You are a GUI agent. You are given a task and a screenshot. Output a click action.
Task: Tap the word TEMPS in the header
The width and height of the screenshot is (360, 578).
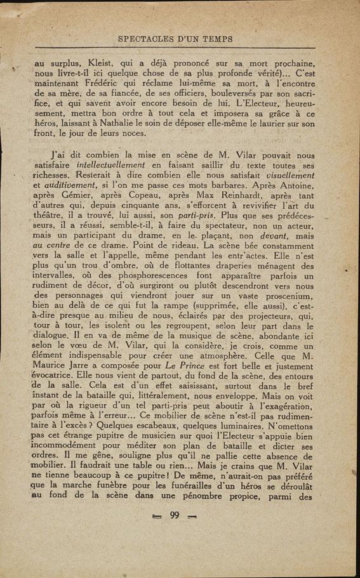coord(213,39)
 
